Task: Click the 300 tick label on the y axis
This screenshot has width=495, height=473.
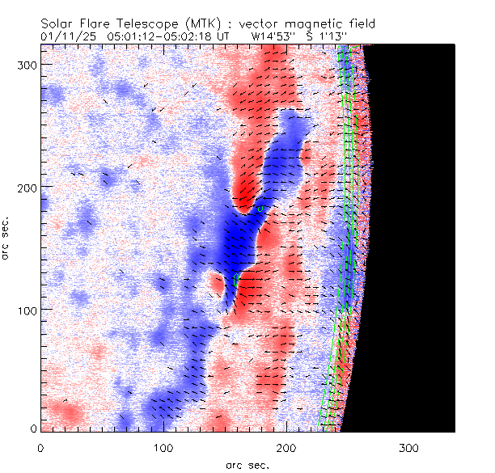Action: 26,63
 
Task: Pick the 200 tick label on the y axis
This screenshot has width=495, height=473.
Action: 26,187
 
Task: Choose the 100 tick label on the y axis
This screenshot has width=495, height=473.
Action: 26,310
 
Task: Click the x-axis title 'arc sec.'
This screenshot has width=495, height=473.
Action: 247,465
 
